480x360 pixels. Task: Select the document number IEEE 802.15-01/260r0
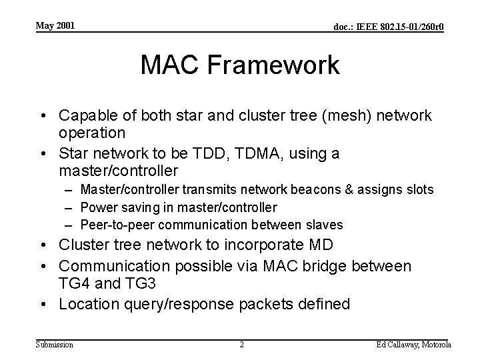(x=389, y=27)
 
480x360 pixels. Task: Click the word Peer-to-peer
(x=113, y=225)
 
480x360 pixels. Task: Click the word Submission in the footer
(x=55, y=344)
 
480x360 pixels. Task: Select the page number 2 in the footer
(x=242, y=344)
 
